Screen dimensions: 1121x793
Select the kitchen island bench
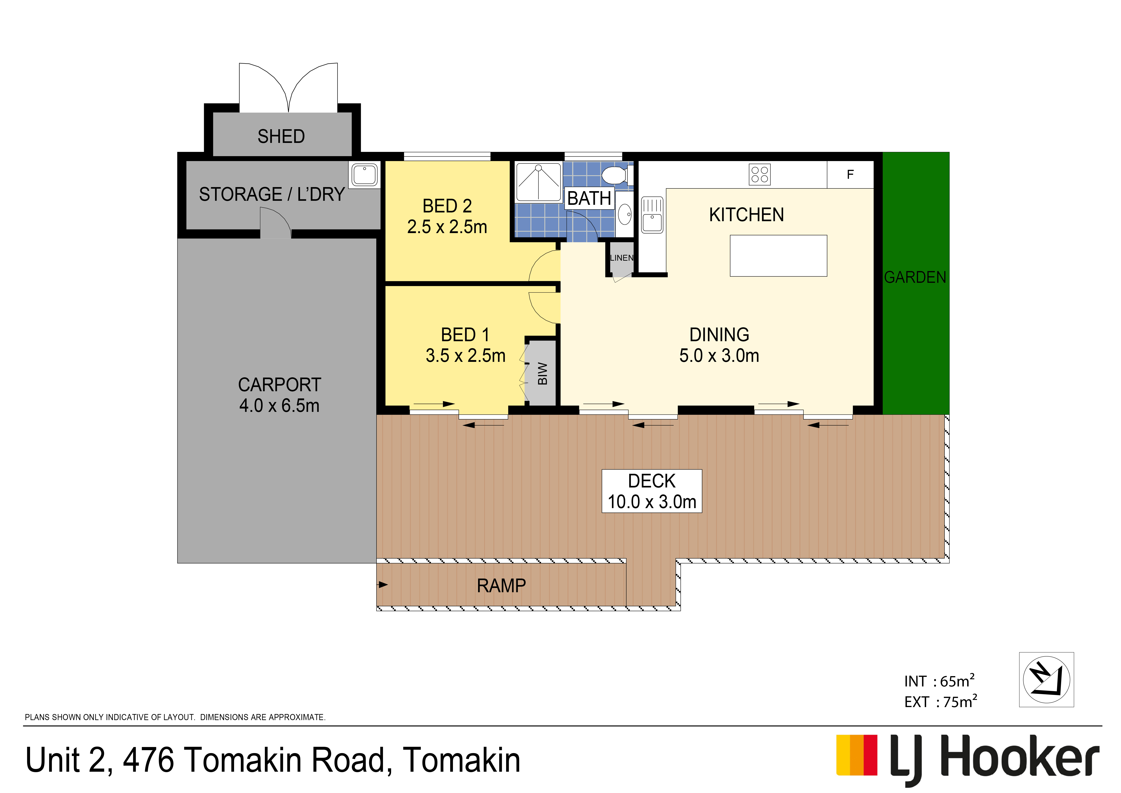pos(778,256)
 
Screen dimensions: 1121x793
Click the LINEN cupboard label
pos(622,258)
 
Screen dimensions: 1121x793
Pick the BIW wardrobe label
pos(542,374)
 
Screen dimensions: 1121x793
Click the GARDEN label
pos(915,277)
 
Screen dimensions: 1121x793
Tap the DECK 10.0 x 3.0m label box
pos(652,491)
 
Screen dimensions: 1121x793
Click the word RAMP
pos(501,585)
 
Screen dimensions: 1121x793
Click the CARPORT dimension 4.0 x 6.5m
pos(279,406)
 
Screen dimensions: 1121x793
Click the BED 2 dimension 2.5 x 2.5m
pos(447,227)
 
